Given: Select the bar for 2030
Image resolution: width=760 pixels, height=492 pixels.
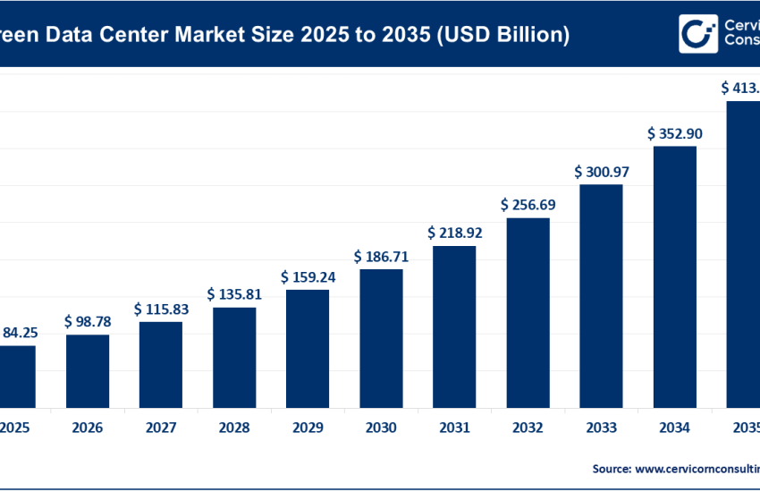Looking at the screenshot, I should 381,337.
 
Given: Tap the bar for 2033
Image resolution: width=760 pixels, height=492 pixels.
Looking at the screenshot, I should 601,295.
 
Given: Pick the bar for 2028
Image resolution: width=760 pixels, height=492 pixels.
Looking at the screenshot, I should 234,357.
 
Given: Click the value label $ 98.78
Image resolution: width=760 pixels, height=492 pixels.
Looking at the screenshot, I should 88,320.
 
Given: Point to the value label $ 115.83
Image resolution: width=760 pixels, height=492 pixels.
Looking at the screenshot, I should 161,308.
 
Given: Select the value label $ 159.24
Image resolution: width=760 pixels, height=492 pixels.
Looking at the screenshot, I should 308,276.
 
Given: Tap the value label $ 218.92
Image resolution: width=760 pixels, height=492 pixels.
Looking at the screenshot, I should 454,233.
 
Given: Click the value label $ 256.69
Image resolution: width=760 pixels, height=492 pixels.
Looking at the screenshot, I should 528,205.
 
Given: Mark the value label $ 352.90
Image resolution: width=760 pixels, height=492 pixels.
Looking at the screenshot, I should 674,133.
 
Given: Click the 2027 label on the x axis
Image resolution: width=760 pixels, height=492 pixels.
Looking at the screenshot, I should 161,428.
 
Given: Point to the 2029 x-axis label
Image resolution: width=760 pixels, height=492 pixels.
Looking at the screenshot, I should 308,428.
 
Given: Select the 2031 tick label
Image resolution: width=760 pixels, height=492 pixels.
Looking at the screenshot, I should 454,428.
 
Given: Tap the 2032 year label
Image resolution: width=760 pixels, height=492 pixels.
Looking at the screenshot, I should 528,428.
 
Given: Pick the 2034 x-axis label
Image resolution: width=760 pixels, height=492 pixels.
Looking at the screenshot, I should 674,428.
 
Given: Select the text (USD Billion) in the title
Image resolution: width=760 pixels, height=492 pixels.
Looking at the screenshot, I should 499,35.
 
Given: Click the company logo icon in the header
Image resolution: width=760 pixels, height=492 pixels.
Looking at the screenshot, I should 697,34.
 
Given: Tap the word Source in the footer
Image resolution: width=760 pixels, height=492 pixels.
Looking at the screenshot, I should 610,468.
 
